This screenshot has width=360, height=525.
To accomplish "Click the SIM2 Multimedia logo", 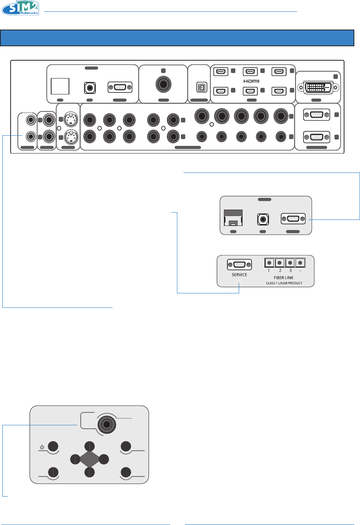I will pyautogui.click(x=20, y=8).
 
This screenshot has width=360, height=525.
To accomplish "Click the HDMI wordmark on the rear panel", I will pyautogui.click(x=251, y=81).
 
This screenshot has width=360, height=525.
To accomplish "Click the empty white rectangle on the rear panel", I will pyautogui.click(x=60, y=86).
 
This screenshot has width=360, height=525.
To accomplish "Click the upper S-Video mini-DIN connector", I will pyautogui.click(x=71, y=120).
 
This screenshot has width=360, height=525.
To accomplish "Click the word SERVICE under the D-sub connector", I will pyautogui.click(x=239, y=275).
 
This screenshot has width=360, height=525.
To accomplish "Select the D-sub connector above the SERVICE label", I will pyautogui.click(x=239, y=265).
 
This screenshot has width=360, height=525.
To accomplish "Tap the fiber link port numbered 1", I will pyautogui.click(x=269, y=262).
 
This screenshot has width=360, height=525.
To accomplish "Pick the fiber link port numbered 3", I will pyautogui.click(x=290, y=262).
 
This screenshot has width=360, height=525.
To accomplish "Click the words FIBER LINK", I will pyautogui.click(x=283, y=278).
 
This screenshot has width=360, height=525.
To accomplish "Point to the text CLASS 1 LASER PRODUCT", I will pyautogui.click(x=284, y=283).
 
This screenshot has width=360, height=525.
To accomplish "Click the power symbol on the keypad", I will pyautogui.click(x=42, y=447).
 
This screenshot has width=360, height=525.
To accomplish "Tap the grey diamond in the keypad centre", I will pyautogui.click(x=89, y=459).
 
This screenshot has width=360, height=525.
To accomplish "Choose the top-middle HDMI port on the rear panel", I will pyautogui.click(x=250, y=71).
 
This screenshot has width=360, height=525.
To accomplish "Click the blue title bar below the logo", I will pyautogui.click(x=177, y=38).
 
